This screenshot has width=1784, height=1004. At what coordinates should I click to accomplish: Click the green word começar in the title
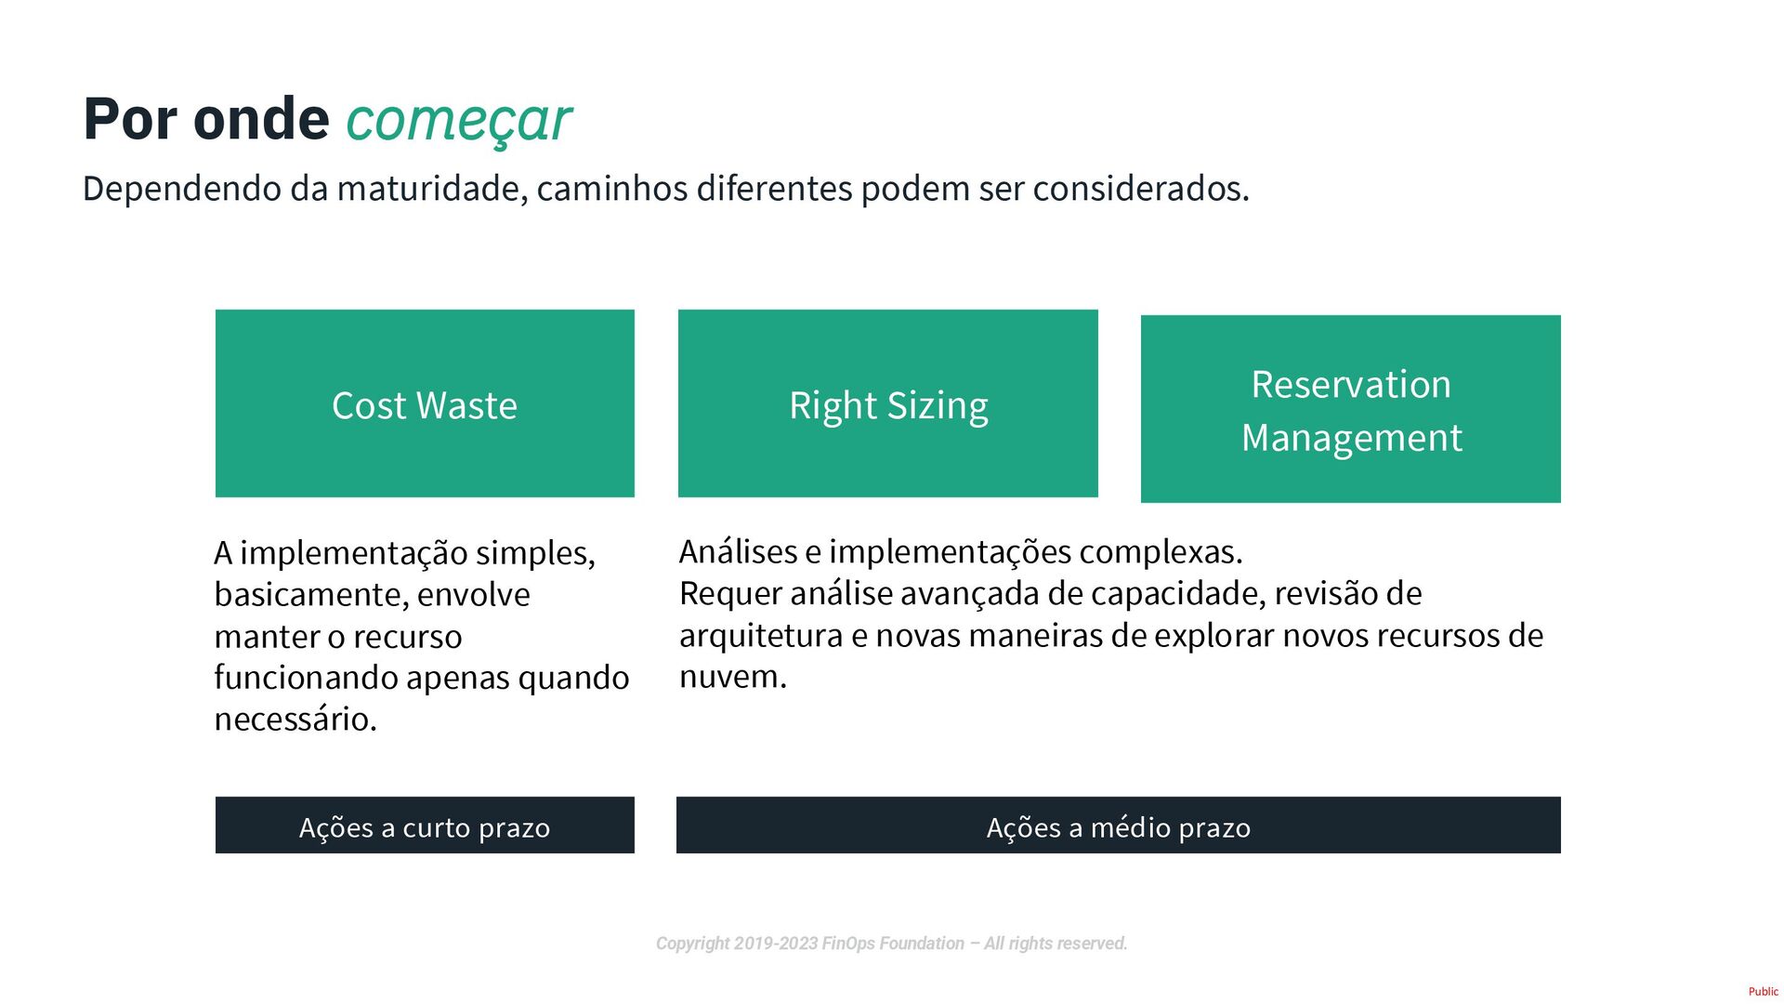[x=458, y=121]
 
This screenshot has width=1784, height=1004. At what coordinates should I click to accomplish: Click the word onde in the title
[x=261, y=119]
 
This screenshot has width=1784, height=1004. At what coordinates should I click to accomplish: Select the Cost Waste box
[x=425, y=403]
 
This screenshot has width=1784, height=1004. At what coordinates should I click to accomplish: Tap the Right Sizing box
[x=887, y=403]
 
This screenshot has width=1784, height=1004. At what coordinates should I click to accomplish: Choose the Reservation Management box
[x=1350, y=409]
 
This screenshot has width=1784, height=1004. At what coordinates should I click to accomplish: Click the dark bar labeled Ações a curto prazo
[x=425, y=826]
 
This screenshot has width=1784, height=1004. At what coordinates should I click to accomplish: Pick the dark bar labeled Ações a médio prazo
[x=1118, y=826]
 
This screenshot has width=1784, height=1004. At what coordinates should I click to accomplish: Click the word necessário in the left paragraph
[x=294, y=720]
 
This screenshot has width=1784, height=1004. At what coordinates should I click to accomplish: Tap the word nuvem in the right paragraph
[x=731, y=677]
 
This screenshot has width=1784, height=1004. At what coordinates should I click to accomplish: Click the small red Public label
[x=1763, y=992]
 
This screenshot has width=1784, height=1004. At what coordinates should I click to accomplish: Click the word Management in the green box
[x=1351, y=438]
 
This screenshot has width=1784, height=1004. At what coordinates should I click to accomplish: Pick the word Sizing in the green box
[x=937, y=406]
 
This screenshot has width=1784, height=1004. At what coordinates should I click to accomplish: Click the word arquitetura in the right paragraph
[x=761, y=636]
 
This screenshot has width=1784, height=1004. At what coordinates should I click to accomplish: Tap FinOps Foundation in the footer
[x=893, y=944]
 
